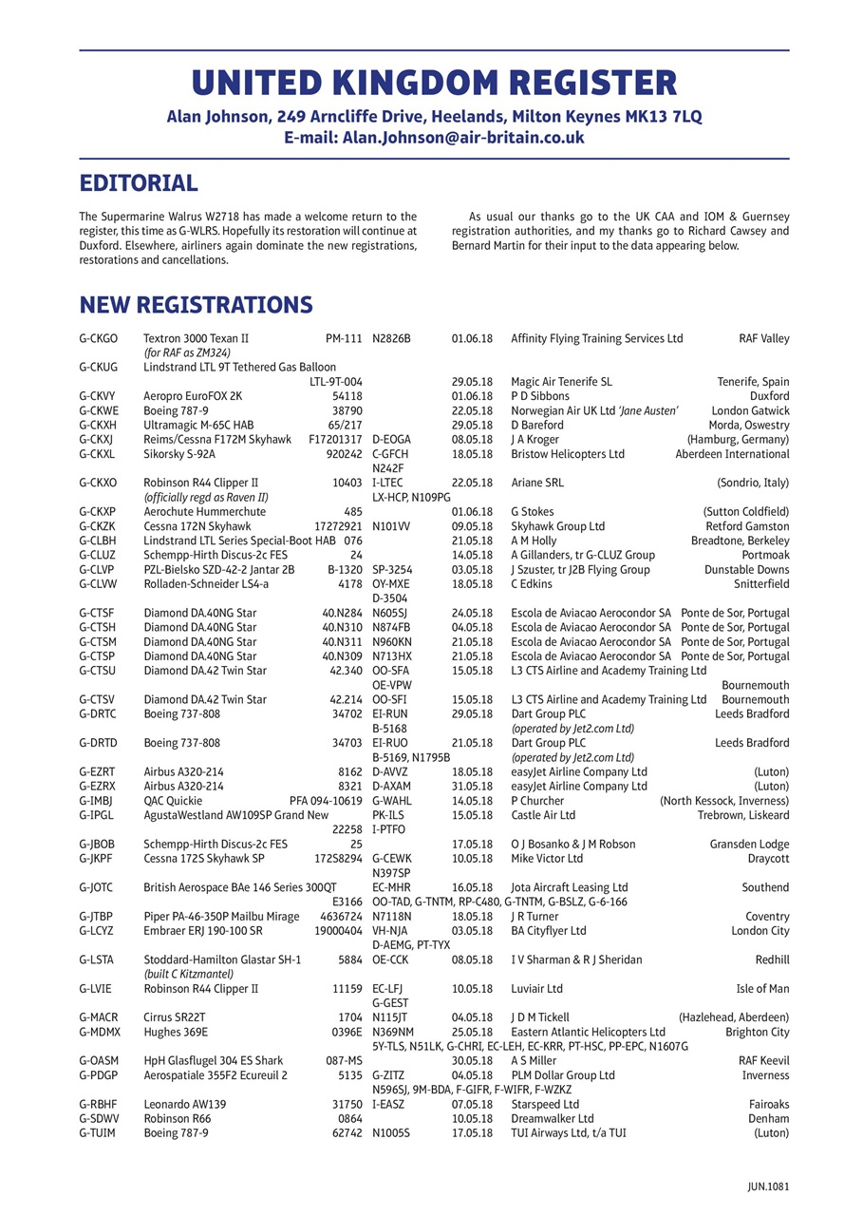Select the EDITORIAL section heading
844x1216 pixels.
(x=139, y=182)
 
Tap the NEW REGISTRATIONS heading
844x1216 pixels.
(x=196, y=304)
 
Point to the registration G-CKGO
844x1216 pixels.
(x=99, y=338)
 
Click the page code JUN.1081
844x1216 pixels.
(x=768, y=1186)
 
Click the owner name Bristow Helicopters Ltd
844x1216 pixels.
(x=568, y=454)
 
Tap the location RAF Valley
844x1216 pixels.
(x=763, y=338)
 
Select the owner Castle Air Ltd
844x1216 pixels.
(x=543, y=815)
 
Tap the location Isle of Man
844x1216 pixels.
(x=762, y=989)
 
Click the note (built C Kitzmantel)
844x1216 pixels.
(x=188, y=974)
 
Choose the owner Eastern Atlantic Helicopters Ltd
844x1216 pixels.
(x=588, y=1032)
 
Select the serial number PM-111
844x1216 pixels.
(x=344, y=338)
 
